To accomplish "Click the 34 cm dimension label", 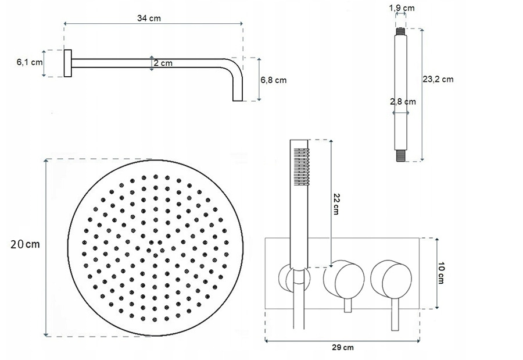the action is pos(149,18).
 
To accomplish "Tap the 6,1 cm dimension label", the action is pos(30,62).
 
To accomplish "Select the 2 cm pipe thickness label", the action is pos(163,63).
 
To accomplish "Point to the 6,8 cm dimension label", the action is pos(274,80).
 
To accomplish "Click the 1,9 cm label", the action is pos(402,8).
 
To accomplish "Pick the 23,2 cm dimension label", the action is pos(438,79).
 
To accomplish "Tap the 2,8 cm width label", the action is pos(403,102).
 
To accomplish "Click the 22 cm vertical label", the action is pos(336,204).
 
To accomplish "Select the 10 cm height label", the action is pos(440,273).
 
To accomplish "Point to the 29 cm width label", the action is pos(343,347).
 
